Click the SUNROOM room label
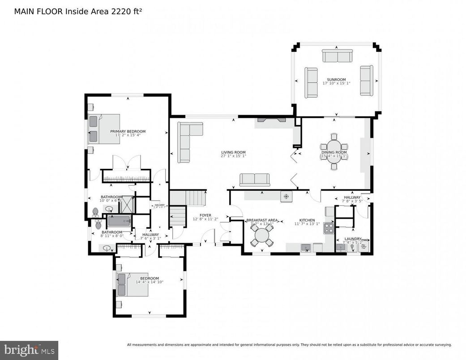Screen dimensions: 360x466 coord(336,80)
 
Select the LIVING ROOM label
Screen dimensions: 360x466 coord(233,153)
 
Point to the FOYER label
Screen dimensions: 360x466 coord(205,215)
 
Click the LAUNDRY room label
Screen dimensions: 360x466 coord(352,239)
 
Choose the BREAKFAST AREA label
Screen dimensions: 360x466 coord(262,220)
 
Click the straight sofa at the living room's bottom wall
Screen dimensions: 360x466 coord(255,180)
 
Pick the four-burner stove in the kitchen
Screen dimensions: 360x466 coord(329,228)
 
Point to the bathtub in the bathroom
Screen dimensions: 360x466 coord(119,221)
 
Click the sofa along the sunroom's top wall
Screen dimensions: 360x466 coord(337,56)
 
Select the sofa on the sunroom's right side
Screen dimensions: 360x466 coord(366,81)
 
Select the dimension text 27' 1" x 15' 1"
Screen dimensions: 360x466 coord(233,157)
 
